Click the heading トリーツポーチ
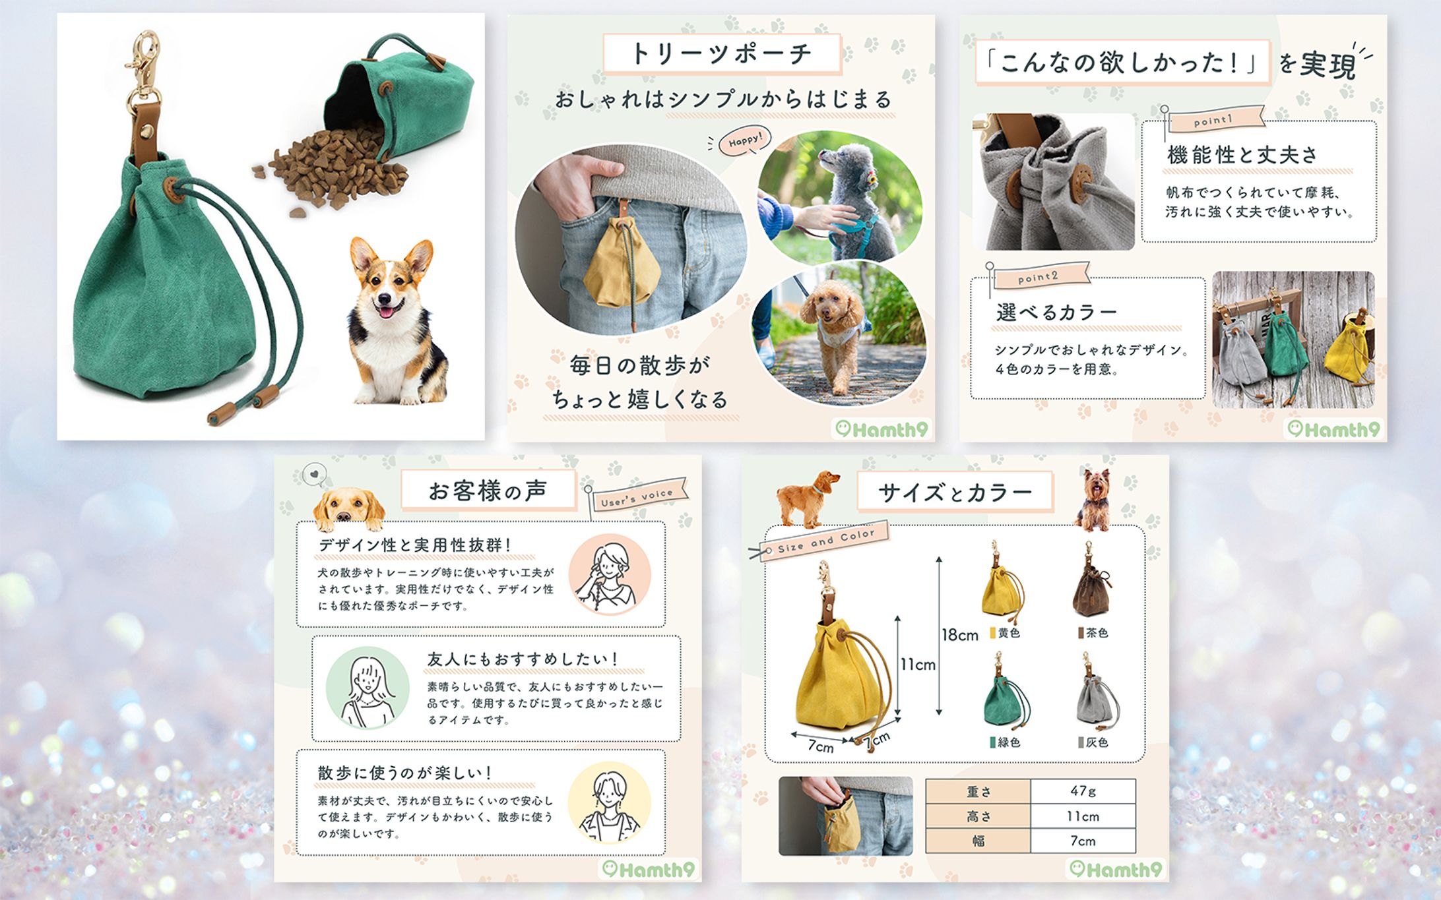[x=721, y=53]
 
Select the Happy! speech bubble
[x=744, y=140]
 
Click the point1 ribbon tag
[x=1215, y=119]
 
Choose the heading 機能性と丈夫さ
[x=1242, y=155]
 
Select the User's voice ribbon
[x=638, y=496]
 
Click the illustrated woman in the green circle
[x=368, y=688]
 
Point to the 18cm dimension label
[x=960, y=635]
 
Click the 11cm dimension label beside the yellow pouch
[x=918, y=665]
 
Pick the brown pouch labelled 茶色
[x=1090, y=580]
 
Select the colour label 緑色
[x=1006, y=742]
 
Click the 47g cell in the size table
[x=1083, y=791]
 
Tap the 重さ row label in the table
[x=978, y=791]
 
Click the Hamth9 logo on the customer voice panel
[x=650, y=870]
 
